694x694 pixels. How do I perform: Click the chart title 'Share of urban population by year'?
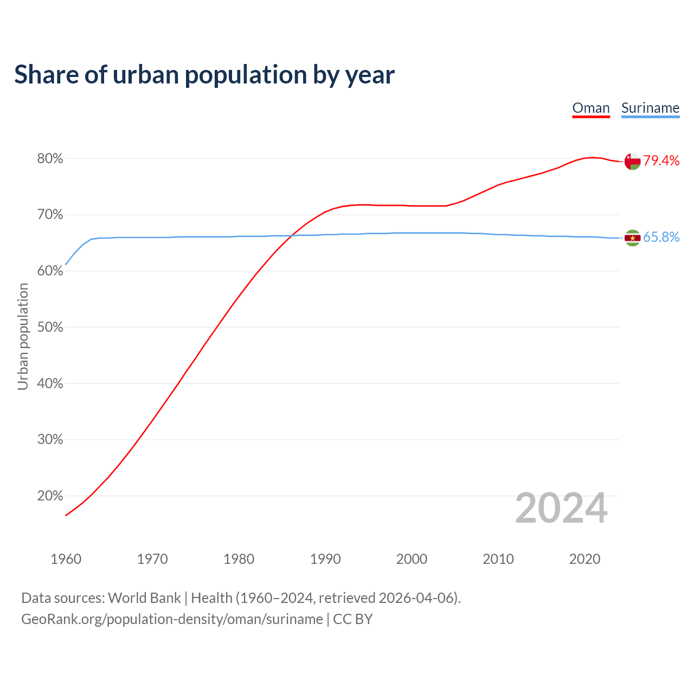click(204, 75)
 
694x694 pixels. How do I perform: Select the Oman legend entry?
click(591, 108)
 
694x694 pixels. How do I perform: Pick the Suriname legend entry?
click(650, 108)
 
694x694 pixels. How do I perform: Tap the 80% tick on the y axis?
click(50, 159)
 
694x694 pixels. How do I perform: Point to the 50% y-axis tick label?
click(50, 327)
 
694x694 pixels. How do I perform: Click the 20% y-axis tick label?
click(50, 496)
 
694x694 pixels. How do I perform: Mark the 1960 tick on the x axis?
click(66, 559)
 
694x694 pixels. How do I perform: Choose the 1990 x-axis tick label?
click(325, 559)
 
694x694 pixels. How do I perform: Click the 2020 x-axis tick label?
click(584, 559)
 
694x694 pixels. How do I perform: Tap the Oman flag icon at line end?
click(632, 161)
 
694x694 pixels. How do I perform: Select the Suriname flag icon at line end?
click(632, 237)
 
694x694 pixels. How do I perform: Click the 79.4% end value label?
click(661, 160)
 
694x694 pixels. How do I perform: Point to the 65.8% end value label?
click(661, 237)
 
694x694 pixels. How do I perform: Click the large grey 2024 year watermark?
click(561, 509)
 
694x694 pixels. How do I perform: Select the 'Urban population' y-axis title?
click(23, 336)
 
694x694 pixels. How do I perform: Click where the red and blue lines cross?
click(292, 235)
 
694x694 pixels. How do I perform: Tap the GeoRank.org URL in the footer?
click(172, 619)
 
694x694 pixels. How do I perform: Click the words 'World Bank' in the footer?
click(144, 598)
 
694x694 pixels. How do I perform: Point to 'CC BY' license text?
click(353, 619)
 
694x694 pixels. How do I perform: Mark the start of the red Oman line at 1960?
click(66, 515)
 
